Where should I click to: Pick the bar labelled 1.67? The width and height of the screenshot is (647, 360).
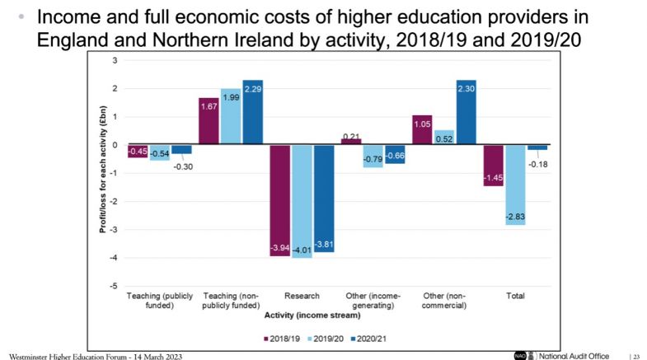[209, 121]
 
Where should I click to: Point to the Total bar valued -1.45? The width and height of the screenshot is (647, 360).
[493, 165]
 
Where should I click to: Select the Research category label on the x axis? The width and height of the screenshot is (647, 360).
[301, 295]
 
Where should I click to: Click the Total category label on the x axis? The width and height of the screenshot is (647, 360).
[514, 295]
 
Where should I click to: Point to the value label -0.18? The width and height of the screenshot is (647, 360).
[537, 164]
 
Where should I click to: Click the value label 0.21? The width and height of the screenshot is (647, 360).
[352, 136]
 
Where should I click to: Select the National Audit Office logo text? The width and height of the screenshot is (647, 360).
[574, 355]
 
